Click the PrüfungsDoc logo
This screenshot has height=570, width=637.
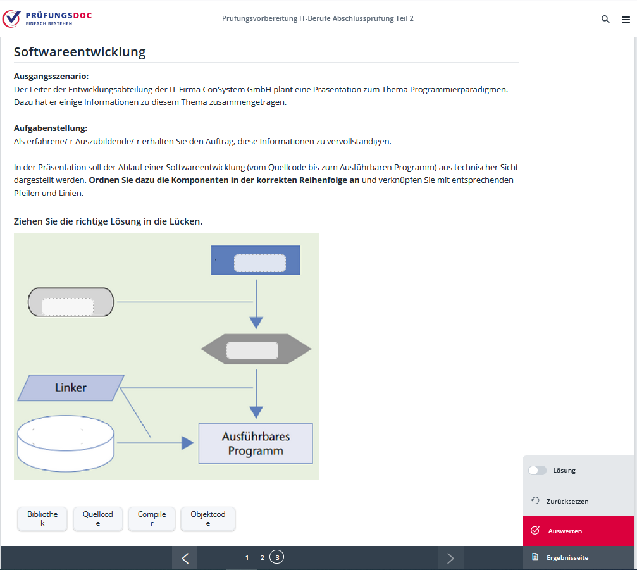[x=47, y=18]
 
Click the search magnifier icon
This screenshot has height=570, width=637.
[x=605, y=19]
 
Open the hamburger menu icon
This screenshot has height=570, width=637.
[x=626, y=20]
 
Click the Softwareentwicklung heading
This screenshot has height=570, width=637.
[x=80, y=52]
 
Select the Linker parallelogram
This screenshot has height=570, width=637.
[x=71, y=387]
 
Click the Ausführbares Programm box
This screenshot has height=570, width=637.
[x=256, y=443]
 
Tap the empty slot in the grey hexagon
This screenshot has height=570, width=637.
[x=252, y=350]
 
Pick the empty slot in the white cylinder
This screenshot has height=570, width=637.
[x=58, y=436]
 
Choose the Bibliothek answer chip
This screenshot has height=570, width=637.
[x=42, y=519]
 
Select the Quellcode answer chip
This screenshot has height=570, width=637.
[x=98, y=519]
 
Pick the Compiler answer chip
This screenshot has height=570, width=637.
[x=152, y=519]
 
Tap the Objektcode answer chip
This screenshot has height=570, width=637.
[x=208, y=519]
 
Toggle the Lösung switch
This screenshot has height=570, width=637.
[x=537, y=470]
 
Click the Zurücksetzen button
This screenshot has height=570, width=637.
[x=567, y=501]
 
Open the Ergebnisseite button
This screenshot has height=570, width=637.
[x=567, y=557]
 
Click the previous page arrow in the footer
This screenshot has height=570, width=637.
[x=185, y=558]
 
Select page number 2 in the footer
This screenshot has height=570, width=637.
[x=262, y=557]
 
